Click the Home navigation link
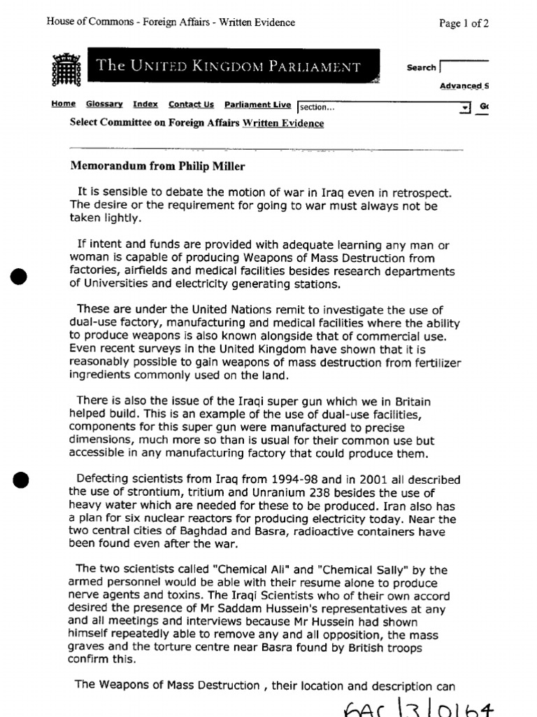click(x=63, y=104)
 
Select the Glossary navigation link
click(x=104, y=104)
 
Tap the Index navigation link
click(x=145, y=104)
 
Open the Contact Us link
click(x=191, y=104)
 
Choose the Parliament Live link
click(x=257, y=104)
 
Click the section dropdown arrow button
click(x=464, y=107)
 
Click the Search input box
click(x=464, y=67)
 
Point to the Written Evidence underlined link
click(x=283, y=123)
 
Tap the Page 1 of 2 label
click(x=464, y=22)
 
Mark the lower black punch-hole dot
click(x=22, y=480)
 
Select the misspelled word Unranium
click(x=271, y=492)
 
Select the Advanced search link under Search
click(x=464, y=86)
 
